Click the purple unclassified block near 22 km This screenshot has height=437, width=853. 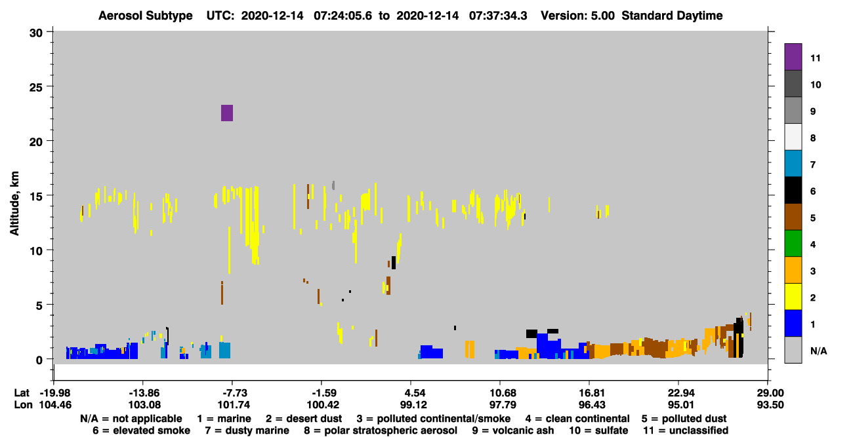click(226, 113)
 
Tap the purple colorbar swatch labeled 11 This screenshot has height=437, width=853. click(793, 57)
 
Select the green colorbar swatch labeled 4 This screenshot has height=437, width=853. click(793, 244)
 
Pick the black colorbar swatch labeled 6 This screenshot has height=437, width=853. click(793, 190)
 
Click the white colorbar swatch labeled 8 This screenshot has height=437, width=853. click(793, 137)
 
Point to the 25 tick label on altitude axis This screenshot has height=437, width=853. click(36, 88)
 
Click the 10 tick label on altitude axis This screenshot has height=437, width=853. click(36, 251)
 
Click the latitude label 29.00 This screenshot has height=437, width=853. click(770, 393)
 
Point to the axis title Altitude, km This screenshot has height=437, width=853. click(14, 204)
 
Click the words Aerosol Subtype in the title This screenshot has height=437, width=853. click(146, 16)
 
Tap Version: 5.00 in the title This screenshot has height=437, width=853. click(577, 16)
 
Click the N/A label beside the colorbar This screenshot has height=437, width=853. click(819, 351)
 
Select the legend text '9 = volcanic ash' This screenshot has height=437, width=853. click(513, 430)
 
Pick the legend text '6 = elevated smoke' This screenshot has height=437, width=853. click(141, 430)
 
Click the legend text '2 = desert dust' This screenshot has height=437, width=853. click(304, 419)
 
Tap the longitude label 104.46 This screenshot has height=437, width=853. click(55, 405)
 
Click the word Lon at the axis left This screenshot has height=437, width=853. click(23, 405)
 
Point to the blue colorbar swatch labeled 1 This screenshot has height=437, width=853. click(793, 323)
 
